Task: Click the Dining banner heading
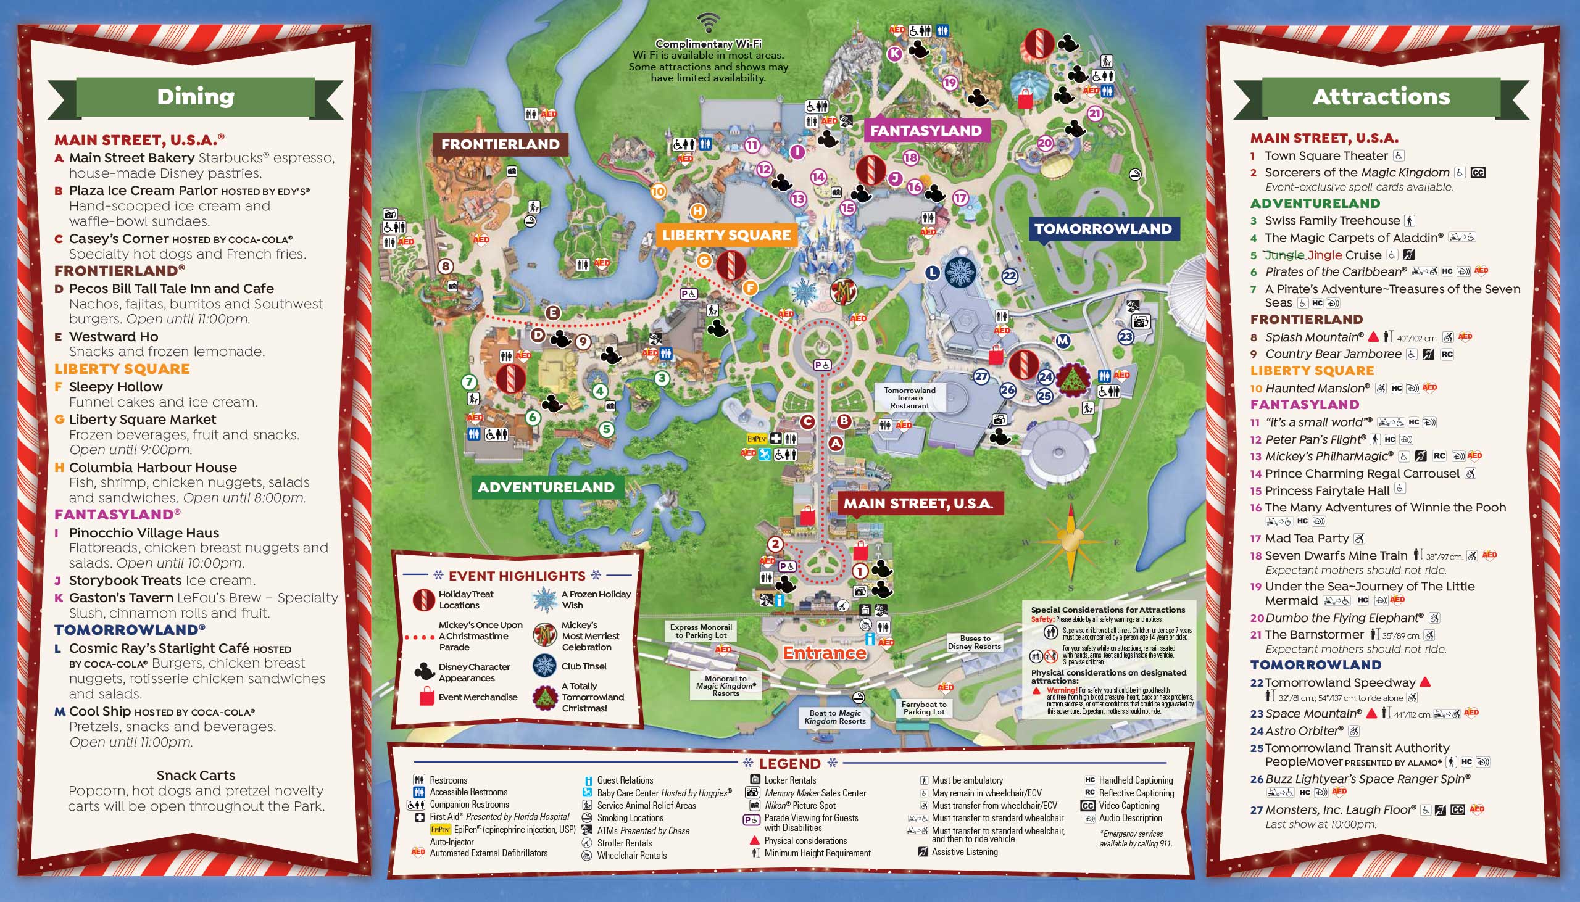[196, 97]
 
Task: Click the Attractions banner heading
[1381, 97]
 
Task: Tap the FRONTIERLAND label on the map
[500, 144]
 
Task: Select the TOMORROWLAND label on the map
[1103, 229]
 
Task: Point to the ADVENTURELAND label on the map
[546, 487]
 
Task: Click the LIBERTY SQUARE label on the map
[726, 235]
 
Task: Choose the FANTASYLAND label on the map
[926, 131]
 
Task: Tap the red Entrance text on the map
[824, 652]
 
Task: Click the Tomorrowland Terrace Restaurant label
[910, 398]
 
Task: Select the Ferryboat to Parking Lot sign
[924, 708]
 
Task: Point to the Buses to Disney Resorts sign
[975, 642]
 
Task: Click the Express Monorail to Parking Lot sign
[701, 631]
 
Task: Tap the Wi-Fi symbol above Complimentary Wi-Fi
[707, 23]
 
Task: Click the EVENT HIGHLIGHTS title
[517, 576]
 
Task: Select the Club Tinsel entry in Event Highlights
[584, 666]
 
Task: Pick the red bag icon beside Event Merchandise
[427, 697]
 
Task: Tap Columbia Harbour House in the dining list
[152, 467]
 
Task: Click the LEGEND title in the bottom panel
[789, 763]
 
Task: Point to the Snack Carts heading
[196, 775]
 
